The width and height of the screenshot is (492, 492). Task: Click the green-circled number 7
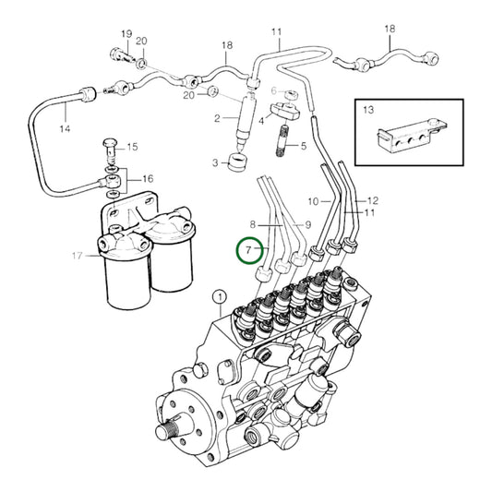[x=248, y=250]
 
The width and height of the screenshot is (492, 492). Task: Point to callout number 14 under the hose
[x=64, y=128]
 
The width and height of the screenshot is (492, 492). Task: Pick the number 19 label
[x=126, y=35]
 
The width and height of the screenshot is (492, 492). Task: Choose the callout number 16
[x=147, y=179]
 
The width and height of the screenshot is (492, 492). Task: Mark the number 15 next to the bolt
[x=131, y=147]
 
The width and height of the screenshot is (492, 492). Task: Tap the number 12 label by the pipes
[x=373, y=200]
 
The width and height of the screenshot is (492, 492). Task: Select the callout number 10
[x=313, y=200]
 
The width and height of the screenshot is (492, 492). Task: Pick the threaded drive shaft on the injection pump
[x=173, y=429]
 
